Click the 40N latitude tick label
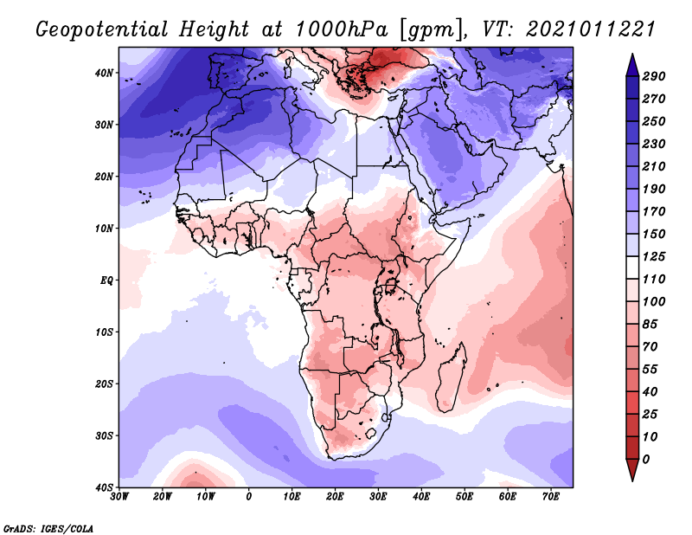(104, 73)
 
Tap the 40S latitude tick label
(104, 487)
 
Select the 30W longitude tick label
(119, 497)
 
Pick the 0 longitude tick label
(249, 497)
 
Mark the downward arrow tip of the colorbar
(632, 478)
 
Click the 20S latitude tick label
(104, 384)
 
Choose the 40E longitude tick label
(421, 497)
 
